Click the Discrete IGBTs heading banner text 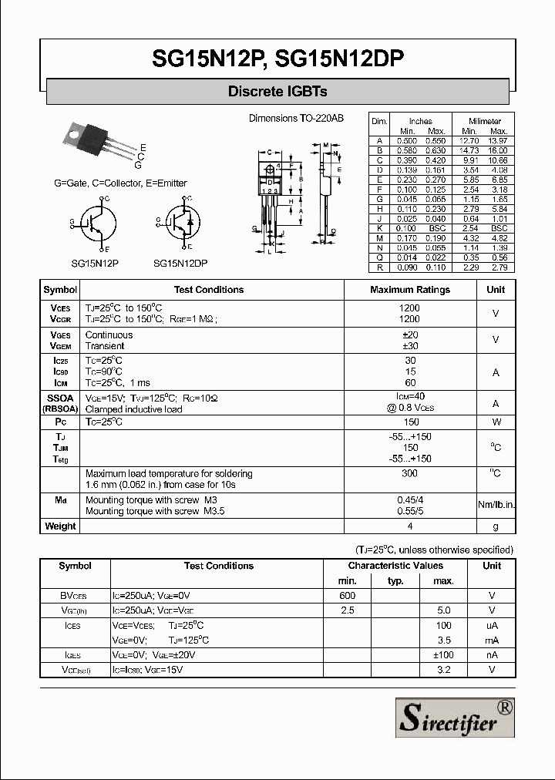coord(277,92)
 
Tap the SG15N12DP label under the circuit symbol coord(180,263)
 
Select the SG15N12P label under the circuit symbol coord(95,263)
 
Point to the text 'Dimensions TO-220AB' coord(296,119)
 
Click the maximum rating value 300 coord(410,473)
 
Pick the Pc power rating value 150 coord(410,422)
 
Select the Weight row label coord(60,526)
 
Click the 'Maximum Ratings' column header coord(410,290)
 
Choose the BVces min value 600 coord(347,596)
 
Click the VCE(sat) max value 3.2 coord(443,670)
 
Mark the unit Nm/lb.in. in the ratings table coord(496,505)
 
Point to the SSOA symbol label coord(60,398)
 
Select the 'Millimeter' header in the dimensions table coord(485,121)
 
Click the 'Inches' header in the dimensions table coord(420,121)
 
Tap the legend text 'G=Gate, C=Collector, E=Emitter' coord(120,183)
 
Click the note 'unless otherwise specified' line coord(434,550)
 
